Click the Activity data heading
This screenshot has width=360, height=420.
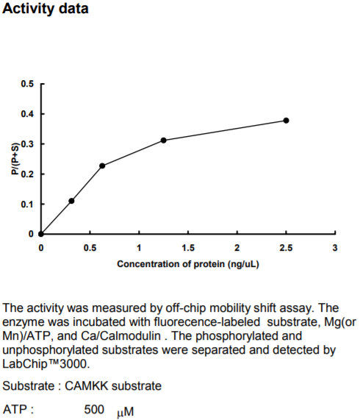point(46,9)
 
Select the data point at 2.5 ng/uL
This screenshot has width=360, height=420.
point(286,121)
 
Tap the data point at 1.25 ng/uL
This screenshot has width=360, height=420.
point(163,140)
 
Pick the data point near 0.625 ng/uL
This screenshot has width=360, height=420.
point(102,165)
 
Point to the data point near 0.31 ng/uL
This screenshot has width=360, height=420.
point(71,201)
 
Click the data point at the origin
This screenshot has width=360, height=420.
point(41,234)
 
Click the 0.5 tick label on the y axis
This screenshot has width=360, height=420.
point(27,84)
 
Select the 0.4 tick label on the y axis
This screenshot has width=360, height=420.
point(27,114)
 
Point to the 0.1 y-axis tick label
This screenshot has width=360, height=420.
point(27,204)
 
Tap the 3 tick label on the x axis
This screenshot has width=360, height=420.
point(335,248)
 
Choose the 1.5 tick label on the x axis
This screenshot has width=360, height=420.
point(188,248)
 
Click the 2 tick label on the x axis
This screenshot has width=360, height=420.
point(237,248)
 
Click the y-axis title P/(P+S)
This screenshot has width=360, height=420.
point(15,159)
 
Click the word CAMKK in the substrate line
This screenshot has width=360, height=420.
point(87,386)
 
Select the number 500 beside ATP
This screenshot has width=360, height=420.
point(94,410)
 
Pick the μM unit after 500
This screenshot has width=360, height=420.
point(125,412)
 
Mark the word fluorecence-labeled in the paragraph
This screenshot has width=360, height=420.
point(207,321)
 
